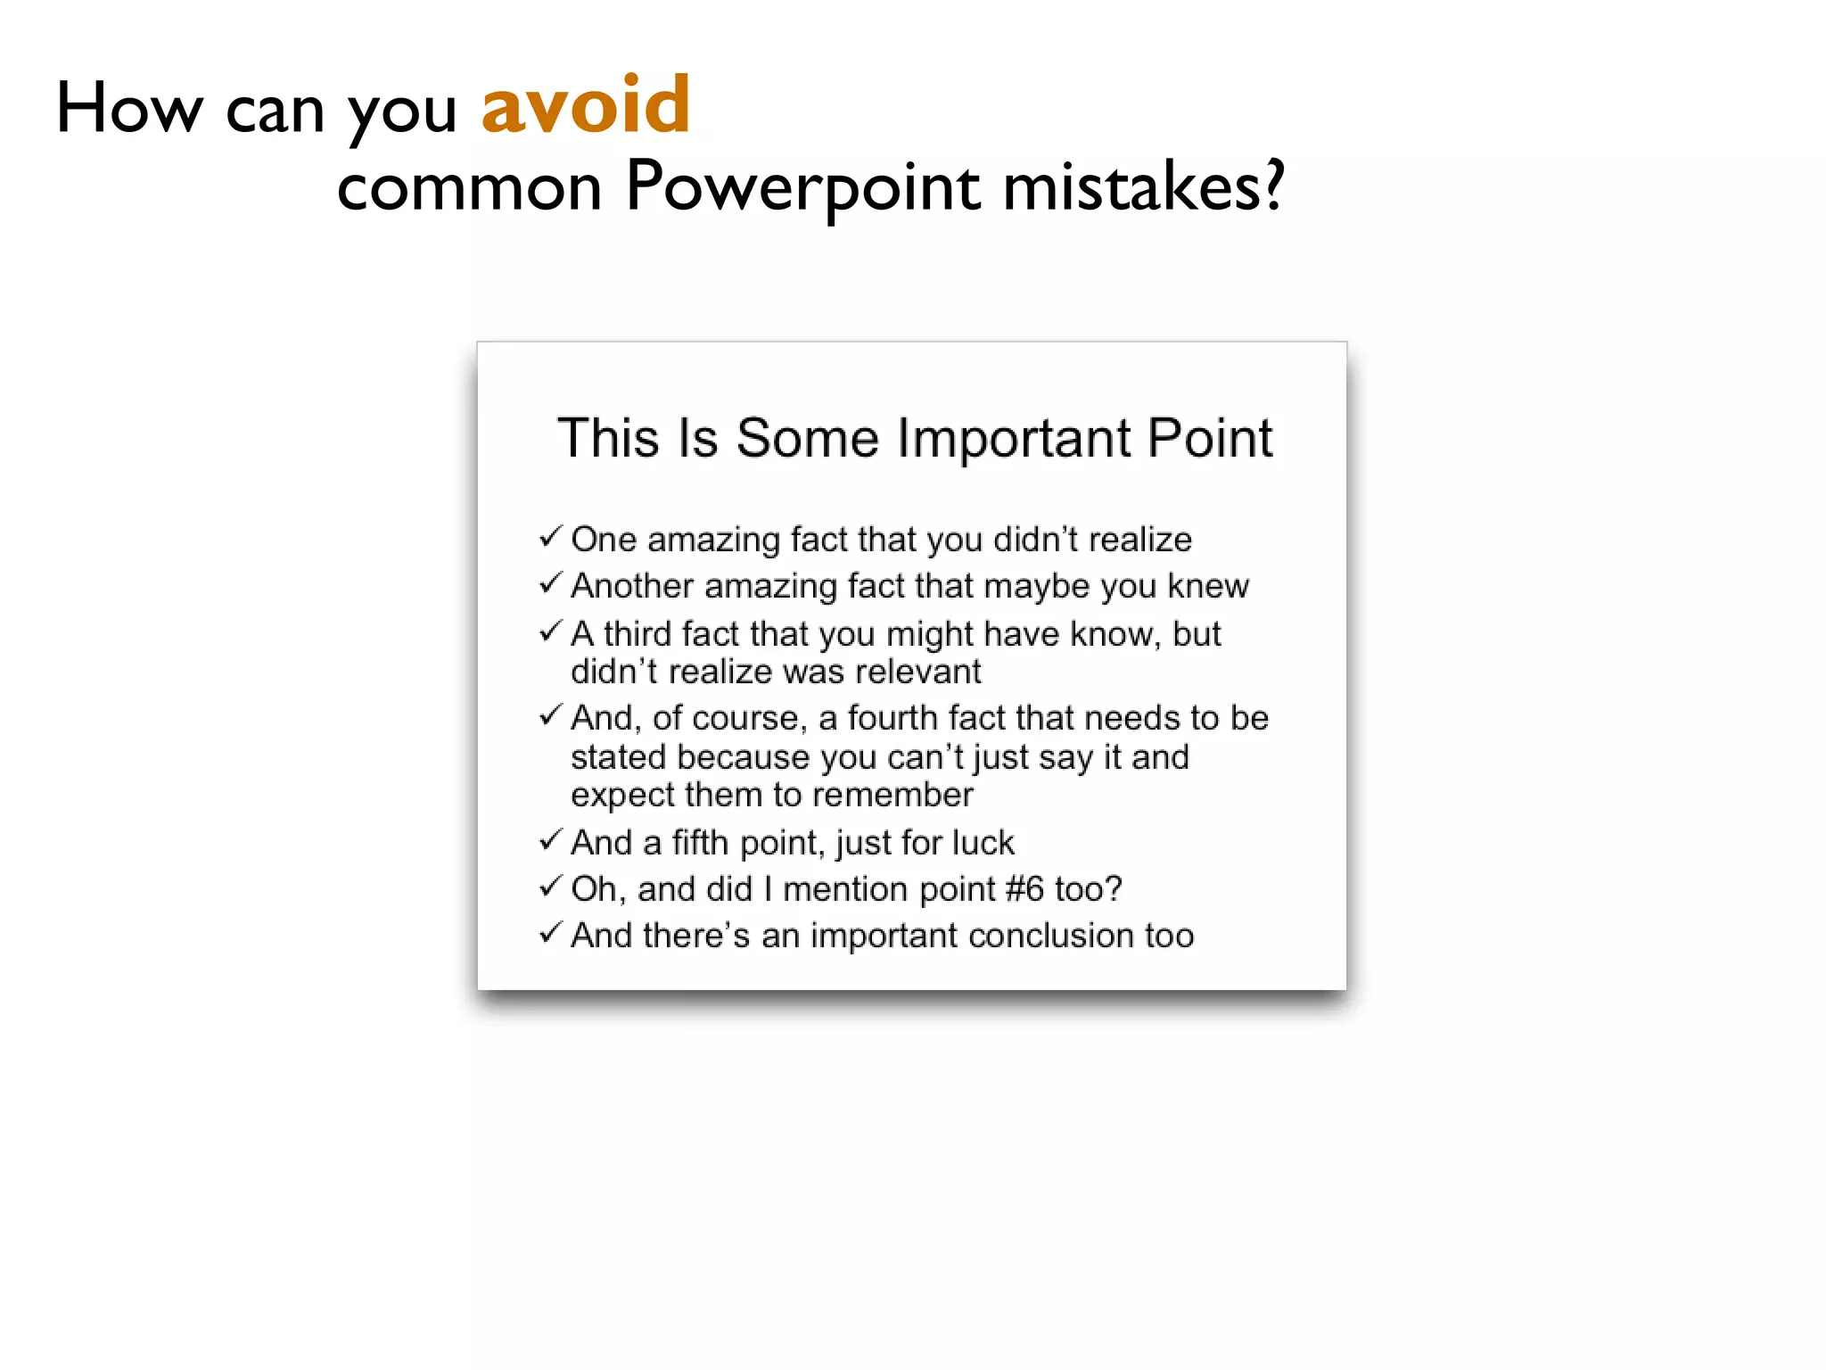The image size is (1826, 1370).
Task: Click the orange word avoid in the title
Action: point(586,106)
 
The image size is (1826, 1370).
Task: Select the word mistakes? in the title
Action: point(1144,187)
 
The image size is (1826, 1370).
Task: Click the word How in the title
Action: point(129,108)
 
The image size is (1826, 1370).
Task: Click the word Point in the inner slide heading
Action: point(1210,438)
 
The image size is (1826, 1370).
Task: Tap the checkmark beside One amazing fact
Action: point(550,537)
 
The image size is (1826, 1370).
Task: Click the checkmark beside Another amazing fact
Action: point(550,583)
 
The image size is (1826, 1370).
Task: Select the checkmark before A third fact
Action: point(550,631)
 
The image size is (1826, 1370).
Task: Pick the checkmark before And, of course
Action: point(550,715)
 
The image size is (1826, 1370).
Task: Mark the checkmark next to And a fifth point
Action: point(550,840)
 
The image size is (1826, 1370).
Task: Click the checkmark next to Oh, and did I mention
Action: point(550,887)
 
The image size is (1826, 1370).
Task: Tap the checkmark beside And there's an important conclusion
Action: point(550,933)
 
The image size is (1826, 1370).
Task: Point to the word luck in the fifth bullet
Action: point(983,843)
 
